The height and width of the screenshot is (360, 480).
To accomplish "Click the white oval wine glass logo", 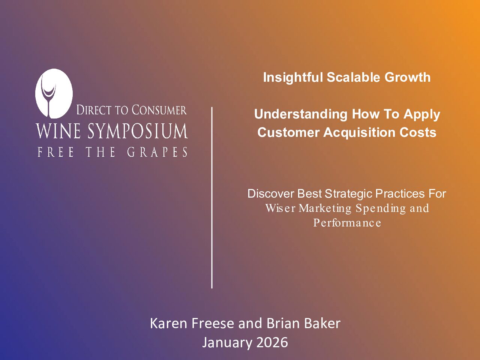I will [x=54, y=93].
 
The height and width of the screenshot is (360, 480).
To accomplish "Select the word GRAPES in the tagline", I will [x=157, y=152].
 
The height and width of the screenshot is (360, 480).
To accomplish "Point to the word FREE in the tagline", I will [x=55, y=152].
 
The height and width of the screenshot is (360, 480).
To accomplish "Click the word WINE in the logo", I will [x=58, y=131].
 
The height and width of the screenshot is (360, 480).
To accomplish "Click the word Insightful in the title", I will [x=293, y=77].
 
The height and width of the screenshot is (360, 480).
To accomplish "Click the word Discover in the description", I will [x=271, y=193].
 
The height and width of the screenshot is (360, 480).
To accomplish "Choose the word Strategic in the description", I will [x=348, y=193].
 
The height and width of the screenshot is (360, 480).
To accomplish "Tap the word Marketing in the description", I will [x=325, y=208].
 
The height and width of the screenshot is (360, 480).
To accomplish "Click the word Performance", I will [x=347, y=223].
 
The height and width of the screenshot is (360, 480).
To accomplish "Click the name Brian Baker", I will [x=303, y=323].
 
